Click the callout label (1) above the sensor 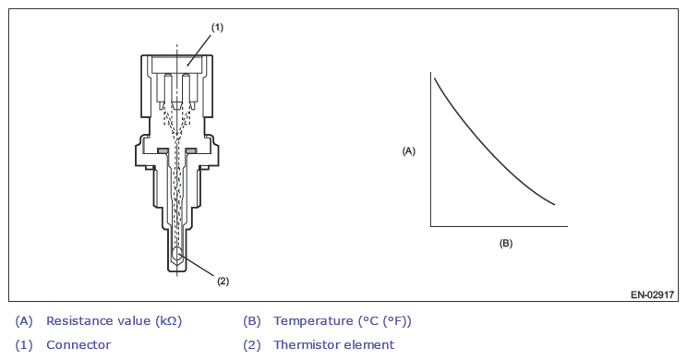tap(217, 28)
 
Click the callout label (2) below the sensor tap(223, 282)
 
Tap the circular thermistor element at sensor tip tap(177, 254)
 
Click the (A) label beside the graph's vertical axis tap(408, 151)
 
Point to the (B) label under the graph tap(506, 244)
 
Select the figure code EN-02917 tap(653, 294)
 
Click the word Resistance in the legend tap(77, 321)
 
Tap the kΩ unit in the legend tap(169, 321)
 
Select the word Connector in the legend tap(78, 345)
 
